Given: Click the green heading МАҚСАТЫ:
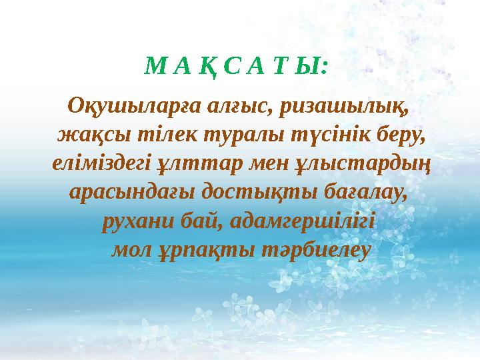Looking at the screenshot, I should pos(237,67).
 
